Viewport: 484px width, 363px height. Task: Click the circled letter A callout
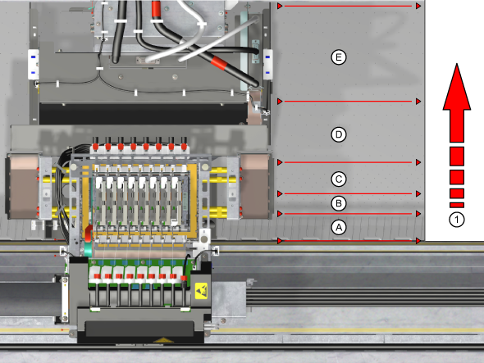click(339, 228)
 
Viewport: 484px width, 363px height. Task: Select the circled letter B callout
click(339, 203)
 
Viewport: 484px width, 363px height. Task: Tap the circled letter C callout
click(339, 179)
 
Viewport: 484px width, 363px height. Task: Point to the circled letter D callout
click(339, 134)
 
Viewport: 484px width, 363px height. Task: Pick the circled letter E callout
click(339, 57)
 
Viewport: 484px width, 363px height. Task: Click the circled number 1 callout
click(457, 220)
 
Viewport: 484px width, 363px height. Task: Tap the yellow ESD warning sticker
click(202, 290)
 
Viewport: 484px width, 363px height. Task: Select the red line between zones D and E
click(349, 101)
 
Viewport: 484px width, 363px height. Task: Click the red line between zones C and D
click(349, 162)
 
